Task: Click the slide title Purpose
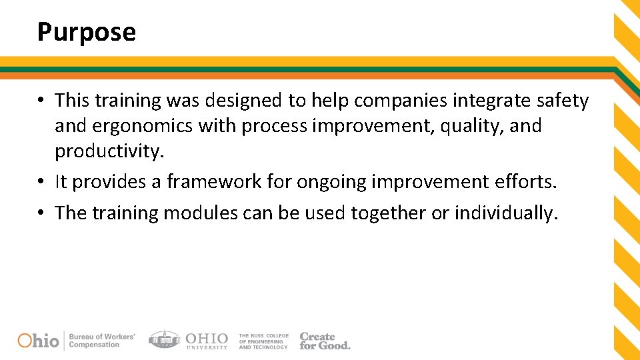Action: (x=87, y=32)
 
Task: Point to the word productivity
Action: (x=109, y=151)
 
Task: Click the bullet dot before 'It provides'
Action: (x=41, y=182)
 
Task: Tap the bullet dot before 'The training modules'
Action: (x=41, y=213)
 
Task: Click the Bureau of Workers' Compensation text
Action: (x=101, y=341)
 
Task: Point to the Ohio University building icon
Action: (x=163, y=339)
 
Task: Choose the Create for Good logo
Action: (x=324, y=341)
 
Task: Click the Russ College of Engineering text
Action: (x=263, y=341)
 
